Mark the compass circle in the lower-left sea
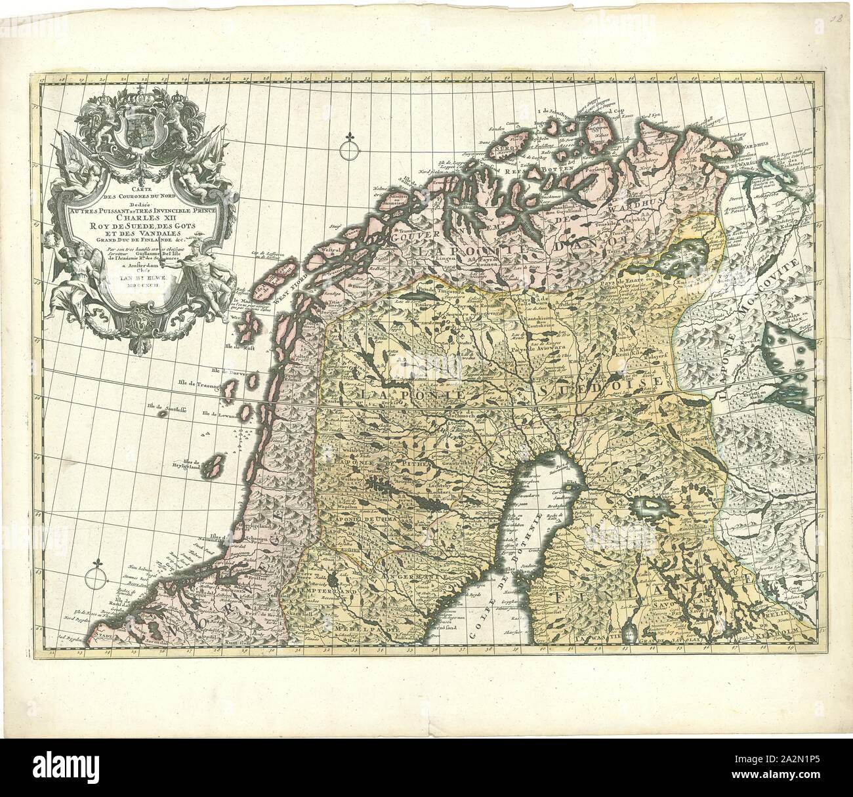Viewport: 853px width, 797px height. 96,577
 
